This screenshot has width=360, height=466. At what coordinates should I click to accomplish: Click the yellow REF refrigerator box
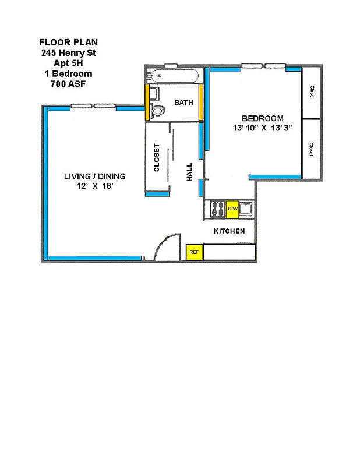[x=194, y=252]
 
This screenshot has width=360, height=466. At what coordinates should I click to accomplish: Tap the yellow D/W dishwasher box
[x=232, y=209]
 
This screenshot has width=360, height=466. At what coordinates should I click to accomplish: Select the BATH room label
[x=183, y=103]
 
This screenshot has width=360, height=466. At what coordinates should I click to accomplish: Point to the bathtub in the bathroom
[x=172, y=76]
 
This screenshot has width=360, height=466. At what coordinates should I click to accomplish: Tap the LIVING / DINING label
[x=94, y=176]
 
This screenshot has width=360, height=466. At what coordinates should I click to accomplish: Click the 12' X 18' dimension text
[x=94, y=186]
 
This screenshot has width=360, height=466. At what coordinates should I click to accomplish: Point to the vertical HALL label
[x=190, y=172]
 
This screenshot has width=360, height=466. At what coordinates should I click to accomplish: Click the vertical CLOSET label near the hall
[x=157, y=158]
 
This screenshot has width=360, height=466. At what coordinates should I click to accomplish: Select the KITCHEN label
[x=229, y=231]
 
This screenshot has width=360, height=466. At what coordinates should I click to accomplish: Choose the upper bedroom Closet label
[x=312, y=93]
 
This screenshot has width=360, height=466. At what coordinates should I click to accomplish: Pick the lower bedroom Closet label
[x=312, y=149]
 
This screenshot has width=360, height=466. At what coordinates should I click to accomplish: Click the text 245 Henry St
[x=68, y=52]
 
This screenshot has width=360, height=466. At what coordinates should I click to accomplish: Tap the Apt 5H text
[x=68, y=63]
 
